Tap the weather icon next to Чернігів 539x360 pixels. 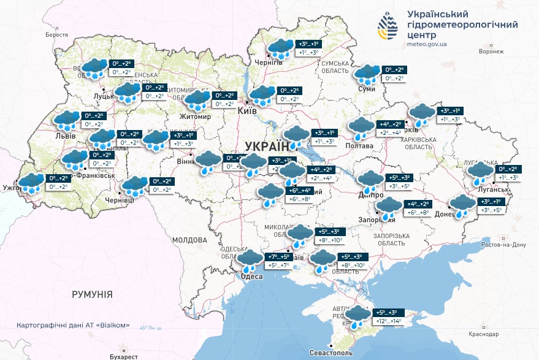(x=281, y=48)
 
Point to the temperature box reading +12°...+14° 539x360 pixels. (x=388, y=321)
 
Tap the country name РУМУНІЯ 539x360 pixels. (x=92, y=294)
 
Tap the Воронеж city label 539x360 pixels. (x=491, y=52)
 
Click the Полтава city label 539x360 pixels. (x=359, y=145)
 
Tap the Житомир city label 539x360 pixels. (x=196, y=116)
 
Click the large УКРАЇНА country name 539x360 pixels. (x=267, y=146)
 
